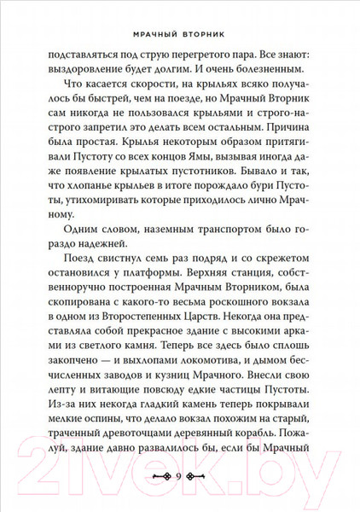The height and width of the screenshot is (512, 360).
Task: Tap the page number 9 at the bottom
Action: point(180,474)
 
